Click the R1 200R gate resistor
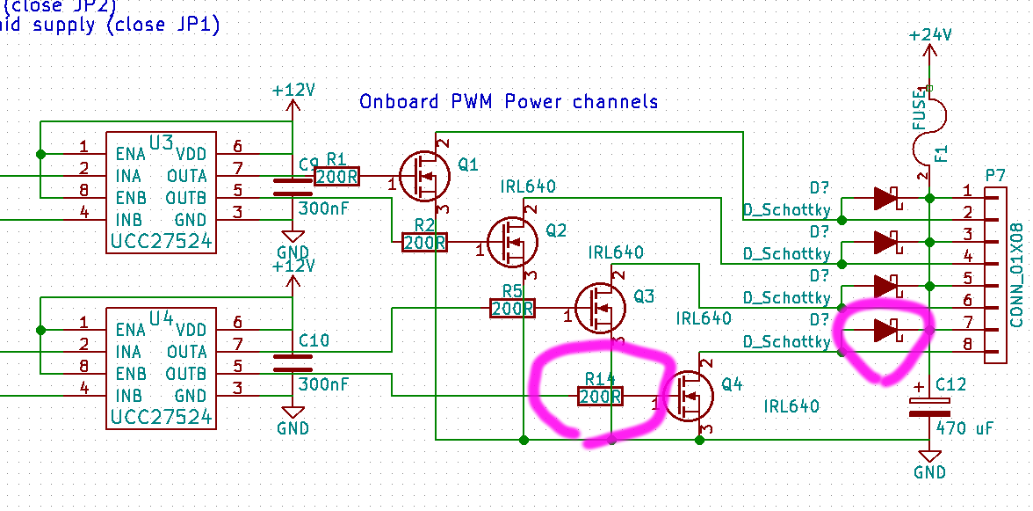tap(336, 177)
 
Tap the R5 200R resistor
tap(512, 309)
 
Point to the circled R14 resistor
tap(600, 397)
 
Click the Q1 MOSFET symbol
tap(425, 176)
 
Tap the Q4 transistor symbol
tap(688, 396)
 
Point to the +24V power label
tap(930, 35)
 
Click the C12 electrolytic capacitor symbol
tap(929, 406)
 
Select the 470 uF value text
tap(964, 428)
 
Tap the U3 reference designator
tap(162, 142)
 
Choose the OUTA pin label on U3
tap(186, 176)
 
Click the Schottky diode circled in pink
tap(885, 330)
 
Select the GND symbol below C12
tap(929, 466)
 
